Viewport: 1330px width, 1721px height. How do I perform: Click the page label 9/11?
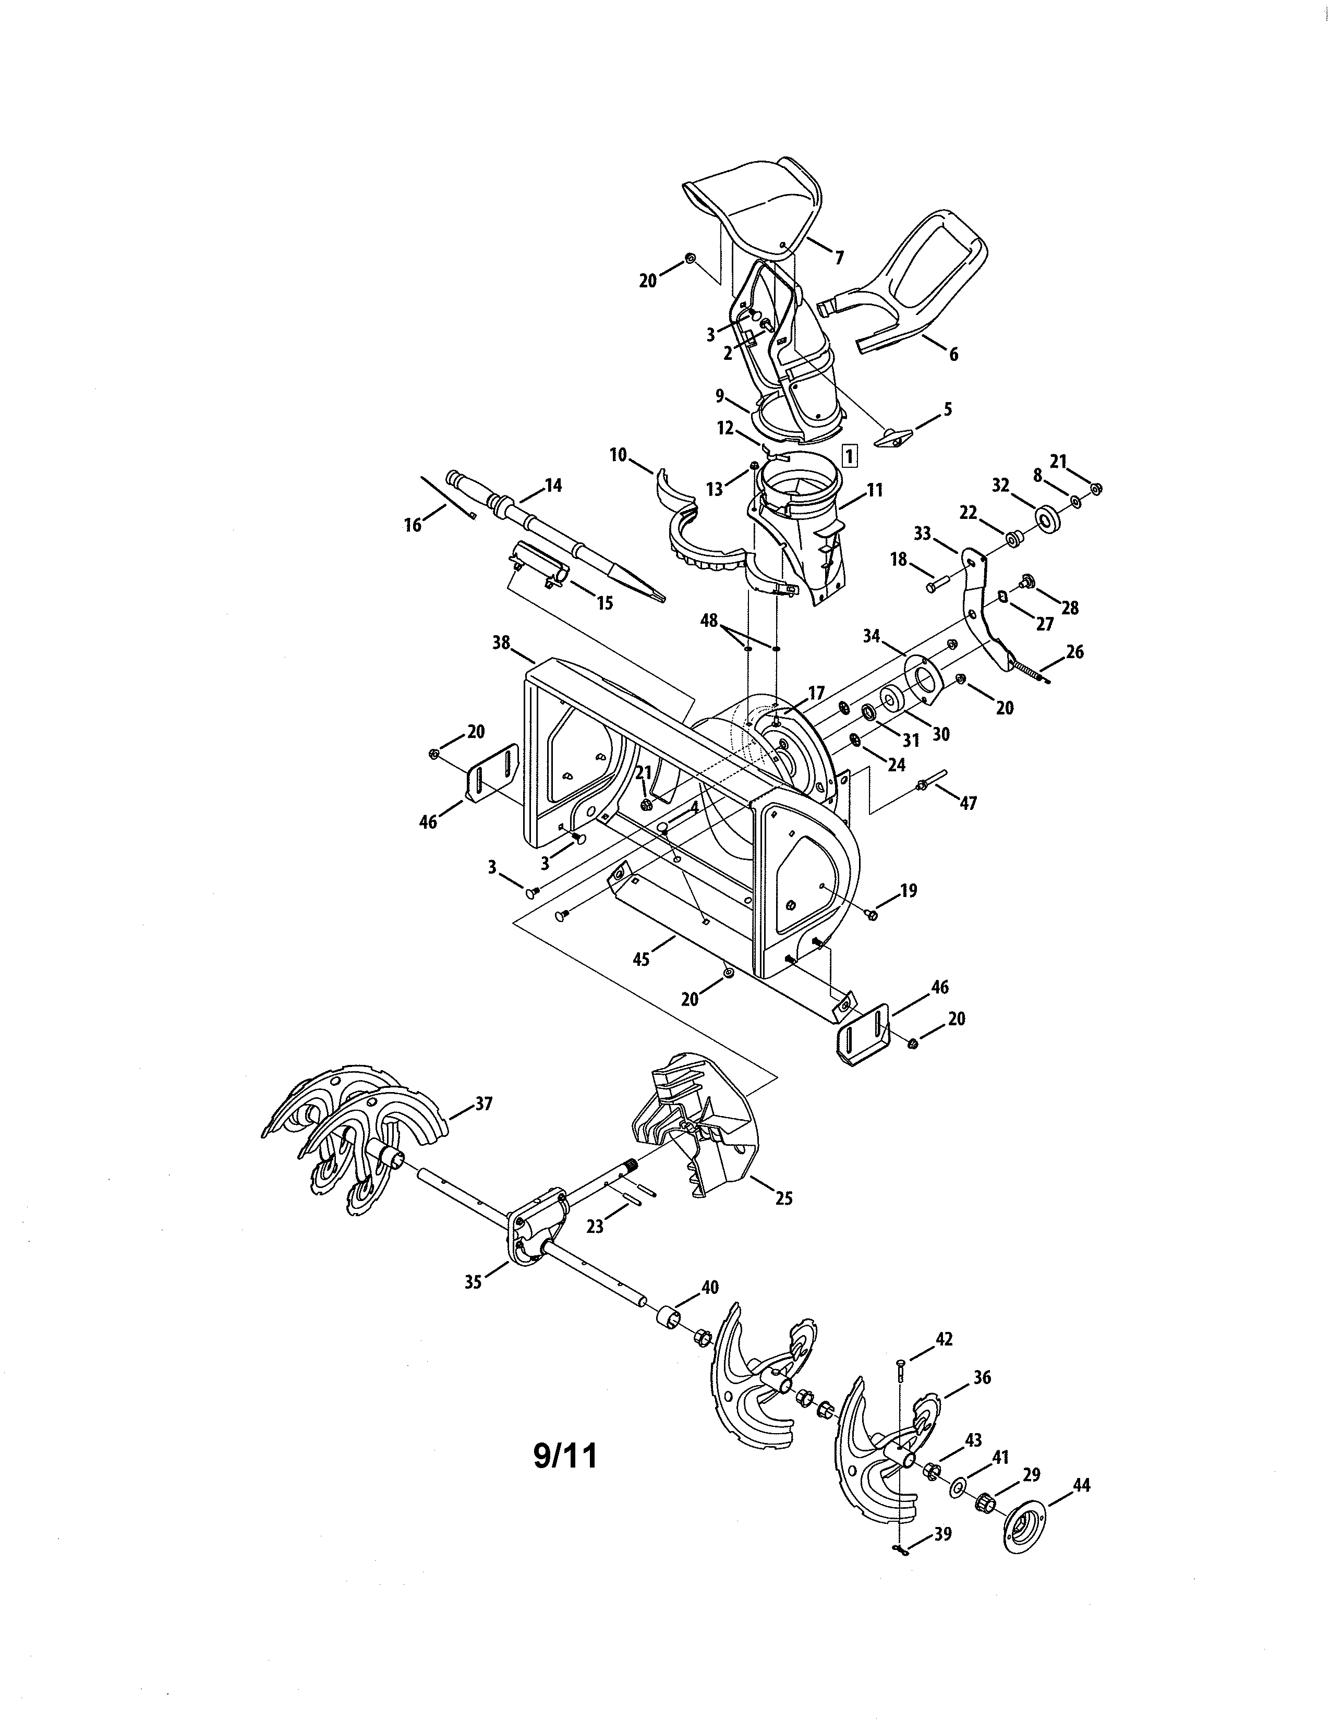(565, 1456)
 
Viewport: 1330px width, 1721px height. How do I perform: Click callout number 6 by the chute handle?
(953, 355)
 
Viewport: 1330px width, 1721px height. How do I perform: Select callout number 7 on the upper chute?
(838, 257)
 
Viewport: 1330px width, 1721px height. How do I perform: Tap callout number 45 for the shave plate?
(642, 960)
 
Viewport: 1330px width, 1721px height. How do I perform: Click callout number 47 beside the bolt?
(968, 803)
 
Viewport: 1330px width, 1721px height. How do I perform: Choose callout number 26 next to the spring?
(1075, 652)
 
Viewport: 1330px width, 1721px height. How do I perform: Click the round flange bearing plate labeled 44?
(1026, 1533)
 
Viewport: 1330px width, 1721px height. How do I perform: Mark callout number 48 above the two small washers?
(709, 621)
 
